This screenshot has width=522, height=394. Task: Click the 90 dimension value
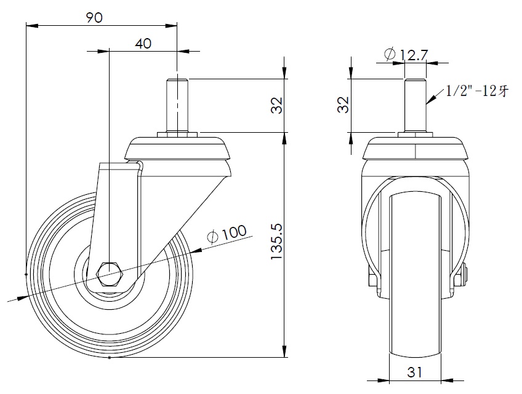[x=94, y=18]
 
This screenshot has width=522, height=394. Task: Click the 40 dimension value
[x=143, y=44]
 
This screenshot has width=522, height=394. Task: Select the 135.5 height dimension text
[x=276, y=242]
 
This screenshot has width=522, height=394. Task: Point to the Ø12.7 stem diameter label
[x=406, y=55]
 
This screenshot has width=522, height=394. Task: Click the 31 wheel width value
[x=414, y=372]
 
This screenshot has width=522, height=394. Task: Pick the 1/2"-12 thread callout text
[x=477, y=91]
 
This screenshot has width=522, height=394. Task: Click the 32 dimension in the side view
[x=276, y=105]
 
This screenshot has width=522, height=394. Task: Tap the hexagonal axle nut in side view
[x=110, y=274]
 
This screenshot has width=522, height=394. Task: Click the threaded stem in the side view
[x=177, y=105]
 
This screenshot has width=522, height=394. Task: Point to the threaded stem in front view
[x=415, y=105]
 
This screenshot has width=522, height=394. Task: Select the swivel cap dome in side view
[x=177, y=148]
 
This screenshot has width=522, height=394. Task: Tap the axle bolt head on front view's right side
[x=464, y=275]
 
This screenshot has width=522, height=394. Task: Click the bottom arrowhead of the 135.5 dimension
[x=284, y=351]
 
